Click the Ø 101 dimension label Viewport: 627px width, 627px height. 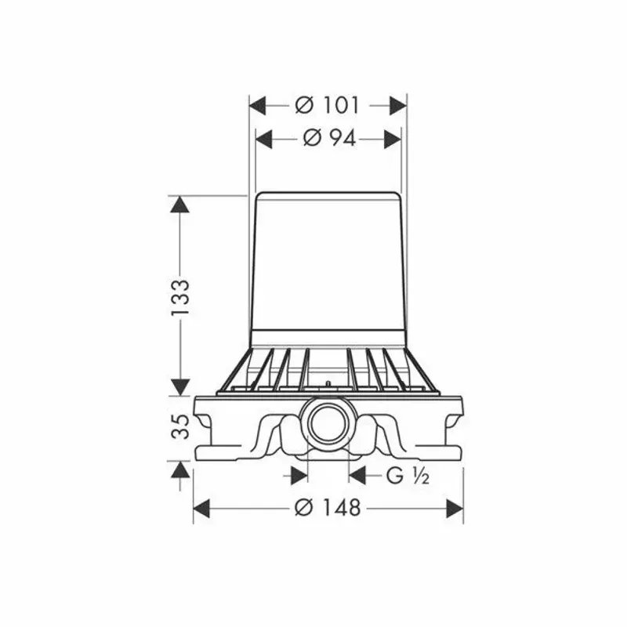pyautogui.click(x=327, y=106)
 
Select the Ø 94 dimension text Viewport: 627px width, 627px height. pyautogui.click(x=329, y=139)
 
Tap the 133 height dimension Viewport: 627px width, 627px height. pyautogui.click(x=180, y=297)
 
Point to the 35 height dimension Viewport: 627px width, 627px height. pyautogui.click(x=180, y=426)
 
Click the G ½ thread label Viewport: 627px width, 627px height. pyautogui.click(x=408, y=476)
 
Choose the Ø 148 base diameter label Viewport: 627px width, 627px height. pyautogui.click(x=328, y=508)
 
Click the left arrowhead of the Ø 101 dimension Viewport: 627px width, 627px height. pyautogui.click(x=258, y=106)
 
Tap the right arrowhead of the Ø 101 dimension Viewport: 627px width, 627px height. pyautogui.click(x=398, y=106)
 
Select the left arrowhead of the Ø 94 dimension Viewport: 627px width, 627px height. pyautogui.click(x=264, y=140)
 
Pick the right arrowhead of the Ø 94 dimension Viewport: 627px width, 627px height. pyautogui.click(x=393, y=140)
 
